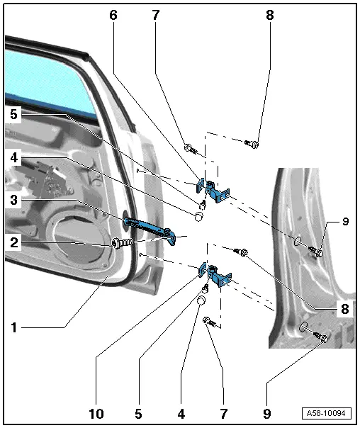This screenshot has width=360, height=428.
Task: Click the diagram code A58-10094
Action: [x=326, y=413]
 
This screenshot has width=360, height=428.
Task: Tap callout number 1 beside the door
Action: [x=13, y=327]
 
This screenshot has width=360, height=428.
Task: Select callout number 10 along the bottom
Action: [x=96, y=414]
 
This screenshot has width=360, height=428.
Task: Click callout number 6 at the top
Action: [x=113, y=15]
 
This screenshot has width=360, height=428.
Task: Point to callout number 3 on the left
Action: [x=14, y=200]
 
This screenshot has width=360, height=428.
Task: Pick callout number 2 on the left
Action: [x=14, y=242]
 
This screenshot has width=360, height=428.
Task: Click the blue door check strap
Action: [x=150, y=229]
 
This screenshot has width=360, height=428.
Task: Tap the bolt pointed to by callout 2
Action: [x=123, y=242]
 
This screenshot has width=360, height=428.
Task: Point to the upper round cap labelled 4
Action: [x=199, y=216]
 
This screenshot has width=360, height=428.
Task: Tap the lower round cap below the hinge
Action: [x=201, y=300]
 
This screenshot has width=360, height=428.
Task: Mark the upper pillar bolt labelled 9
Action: [x=315, y=251]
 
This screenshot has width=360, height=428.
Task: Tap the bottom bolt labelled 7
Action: [x=210, y=322]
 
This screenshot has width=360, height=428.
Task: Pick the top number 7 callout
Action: [x=155, y=15]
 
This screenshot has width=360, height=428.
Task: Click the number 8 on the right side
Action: [x=345, y=309]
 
